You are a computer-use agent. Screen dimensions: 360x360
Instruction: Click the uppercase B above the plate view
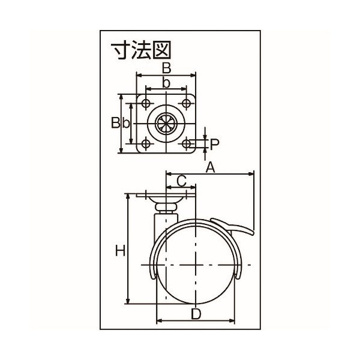(x=167, y=67)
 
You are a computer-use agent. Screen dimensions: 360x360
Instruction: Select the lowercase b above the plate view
(x=167, y=83)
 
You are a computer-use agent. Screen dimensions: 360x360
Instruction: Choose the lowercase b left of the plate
(x=125, y=123)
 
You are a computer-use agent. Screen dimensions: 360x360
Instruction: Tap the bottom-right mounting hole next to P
(x=187, y=143)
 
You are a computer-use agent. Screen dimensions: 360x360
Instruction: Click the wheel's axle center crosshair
(x=196, y=265)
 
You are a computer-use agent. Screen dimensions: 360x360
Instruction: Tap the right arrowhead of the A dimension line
(x=252, y=175)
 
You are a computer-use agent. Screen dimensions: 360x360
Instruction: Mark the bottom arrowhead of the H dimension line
(x=128, y=302)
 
